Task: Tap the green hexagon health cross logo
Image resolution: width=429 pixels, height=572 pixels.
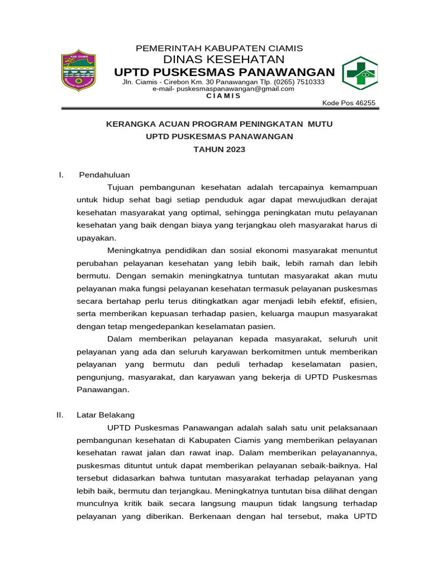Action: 360,73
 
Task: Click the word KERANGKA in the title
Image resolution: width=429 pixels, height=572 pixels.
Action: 129,124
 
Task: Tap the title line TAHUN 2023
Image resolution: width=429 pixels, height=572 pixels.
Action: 219,149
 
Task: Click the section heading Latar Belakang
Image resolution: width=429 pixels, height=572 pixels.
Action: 106,415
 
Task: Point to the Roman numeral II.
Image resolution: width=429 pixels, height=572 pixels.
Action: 61,415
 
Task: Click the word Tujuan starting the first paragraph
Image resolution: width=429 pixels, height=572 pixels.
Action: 121,187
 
